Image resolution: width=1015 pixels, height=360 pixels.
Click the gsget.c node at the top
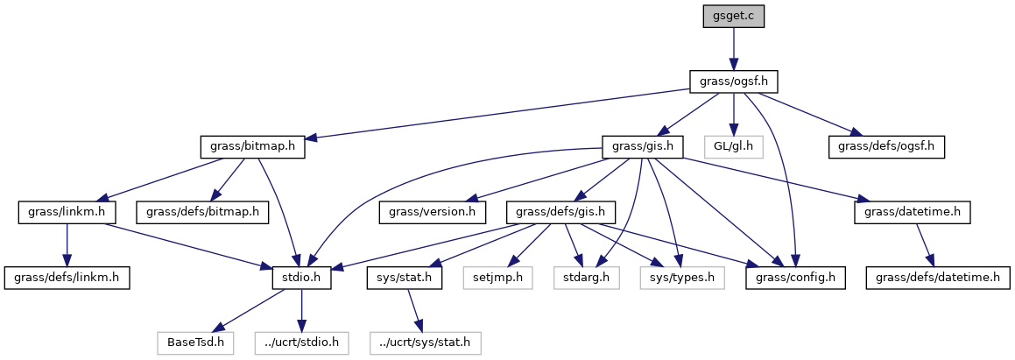734,17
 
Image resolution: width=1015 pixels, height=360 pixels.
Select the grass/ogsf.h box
734,81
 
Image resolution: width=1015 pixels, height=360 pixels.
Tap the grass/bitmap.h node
252,146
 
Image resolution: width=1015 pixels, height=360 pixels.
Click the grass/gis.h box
643,146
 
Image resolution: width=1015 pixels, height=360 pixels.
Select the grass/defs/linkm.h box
67,278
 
